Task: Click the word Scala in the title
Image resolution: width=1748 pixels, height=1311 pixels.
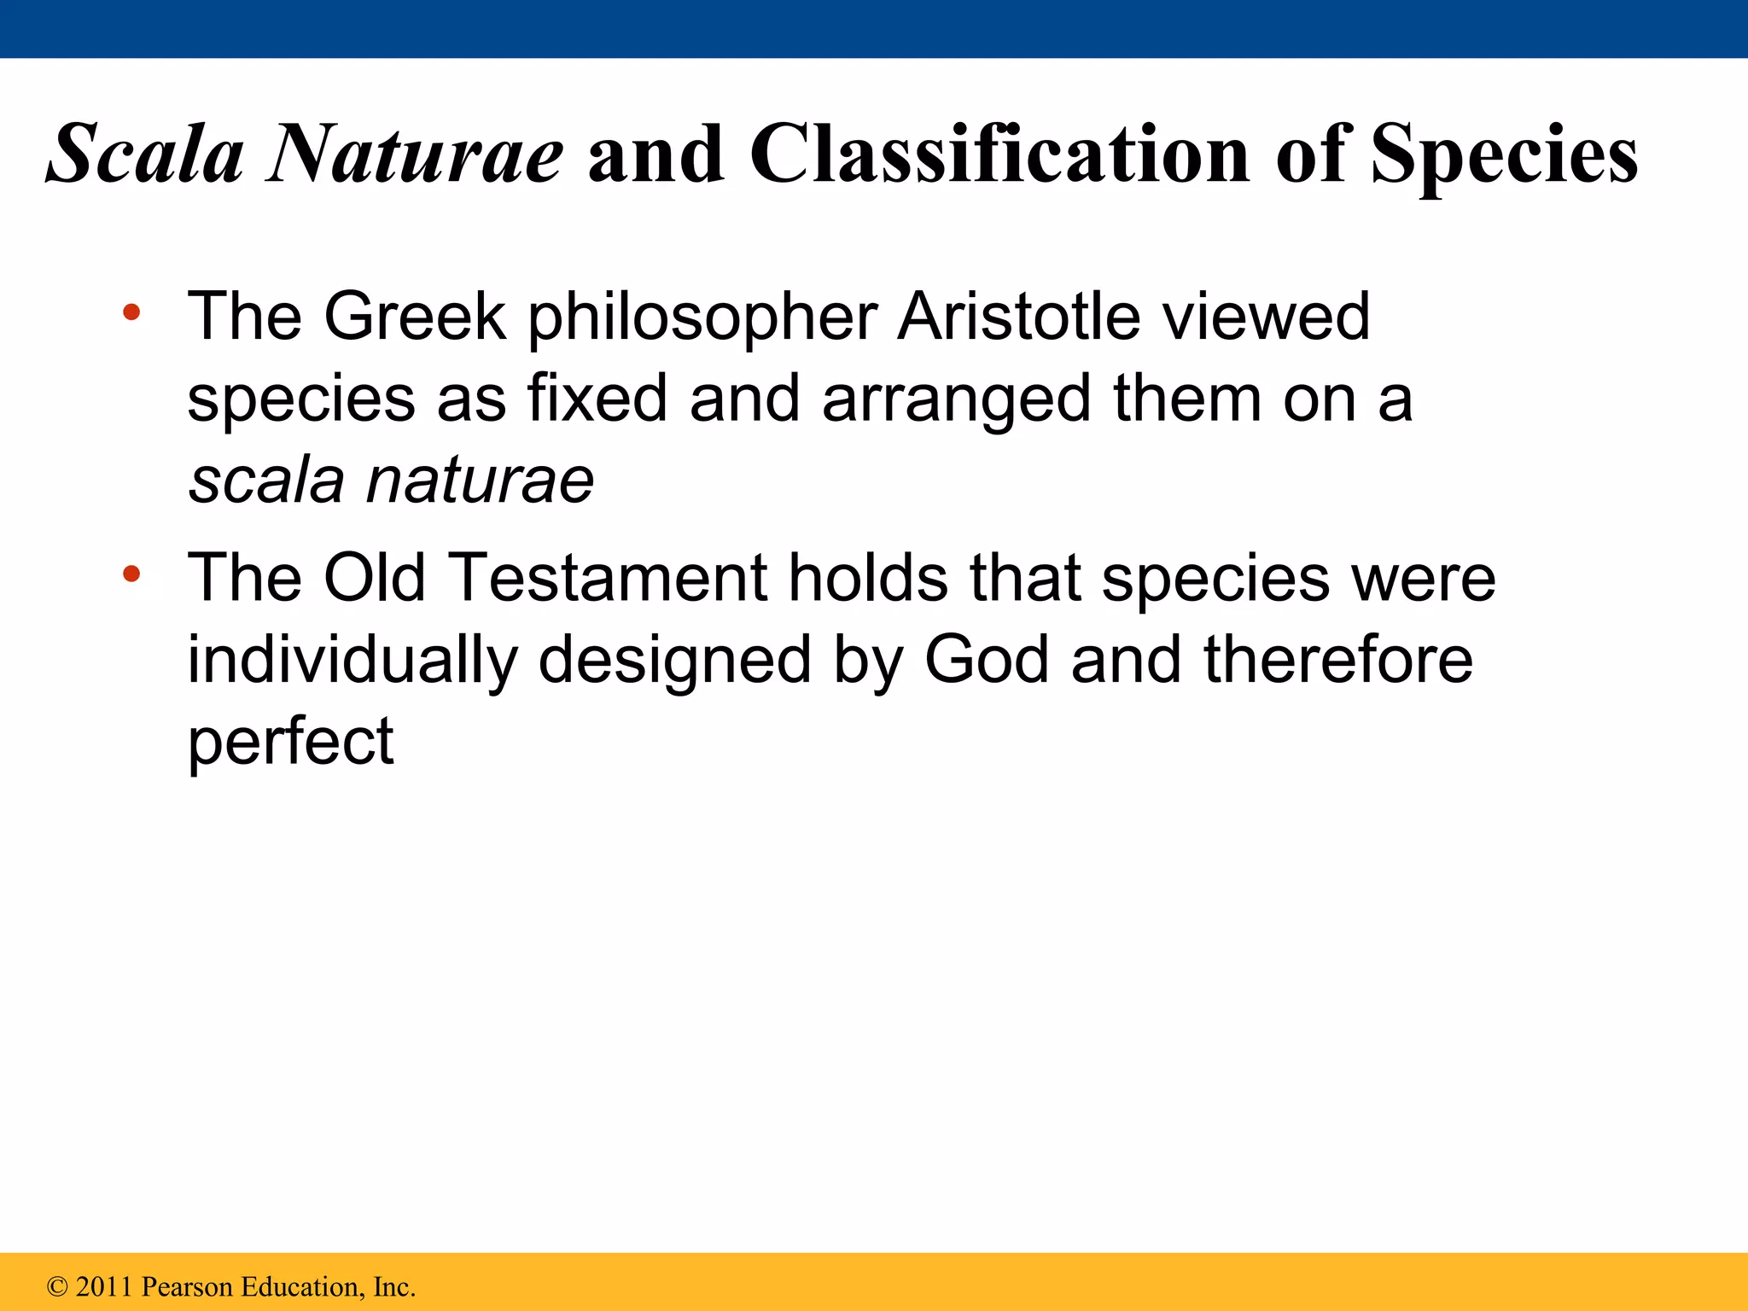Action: pos(145,154)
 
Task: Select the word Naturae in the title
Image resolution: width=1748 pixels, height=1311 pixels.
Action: pos(414,154)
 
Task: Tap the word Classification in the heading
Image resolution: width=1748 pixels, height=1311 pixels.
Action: pos(999,154)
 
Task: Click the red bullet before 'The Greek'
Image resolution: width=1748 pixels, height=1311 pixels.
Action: pos(131,312)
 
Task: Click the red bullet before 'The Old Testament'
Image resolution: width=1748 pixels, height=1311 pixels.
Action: pos(131,574)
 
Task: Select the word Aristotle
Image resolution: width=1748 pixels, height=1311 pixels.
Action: pos(1018,317)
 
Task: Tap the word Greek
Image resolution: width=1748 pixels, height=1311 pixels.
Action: pos(415,317)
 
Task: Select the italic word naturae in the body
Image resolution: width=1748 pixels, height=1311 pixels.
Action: pos(480,481)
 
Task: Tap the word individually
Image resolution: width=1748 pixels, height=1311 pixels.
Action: pos(353,661)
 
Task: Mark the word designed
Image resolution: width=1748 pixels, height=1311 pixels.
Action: pos(674,661)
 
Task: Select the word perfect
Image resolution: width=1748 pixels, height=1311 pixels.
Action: pos(290,743)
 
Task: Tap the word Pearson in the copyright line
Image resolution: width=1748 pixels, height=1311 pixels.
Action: pos(187,1287)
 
